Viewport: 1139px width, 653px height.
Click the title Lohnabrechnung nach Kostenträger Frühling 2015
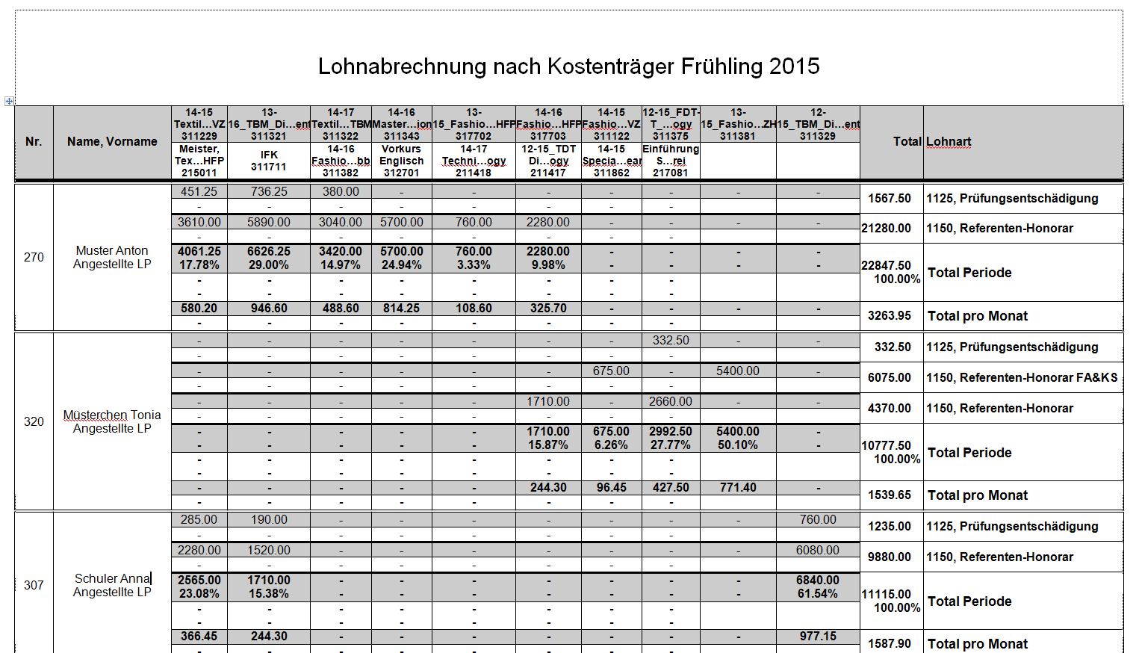click(568, 66)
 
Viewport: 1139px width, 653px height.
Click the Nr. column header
click(34, 142)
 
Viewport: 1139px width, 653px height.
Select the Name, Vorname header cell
click(112, 142)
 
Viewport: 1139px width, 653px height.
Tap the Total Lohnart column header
click(932, 142)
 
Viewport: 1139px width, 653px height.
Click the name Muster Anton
click(112, 251)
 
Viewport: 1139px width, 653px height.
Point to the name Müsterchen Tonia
click(112, 415)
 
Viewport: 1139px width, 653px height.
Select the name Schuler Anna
click(112, 579)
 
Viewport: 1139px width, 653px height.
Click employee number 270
click(34, 257)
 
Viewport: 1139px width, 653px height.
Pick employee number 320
click(34, 421)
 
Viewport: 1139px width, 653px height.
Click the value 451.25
click(199, 192)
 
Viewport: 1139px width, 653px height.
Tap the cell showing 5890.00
click(269, 223)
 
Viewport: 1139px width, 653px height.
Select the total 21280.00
click(887, 229)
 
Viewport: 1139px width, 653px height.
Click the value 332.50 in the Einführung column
click(671, 341)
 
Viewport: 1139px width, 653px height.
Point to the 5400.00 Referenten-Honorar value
click(738, 371)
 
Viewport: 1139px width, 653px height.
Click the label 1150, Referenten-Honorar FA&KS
click(1022, 378)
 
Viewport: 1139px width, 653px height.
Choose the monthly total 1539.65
click(890, 495)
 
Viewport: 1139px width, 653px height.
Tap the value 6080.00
click(818, 551)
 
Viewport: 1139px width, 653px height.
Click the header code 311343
click(401, 137)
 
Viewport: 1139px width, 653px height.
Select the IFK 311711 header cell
click(269, 161)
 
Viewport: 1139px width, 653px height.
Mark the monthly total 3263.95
click(890, 316)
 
